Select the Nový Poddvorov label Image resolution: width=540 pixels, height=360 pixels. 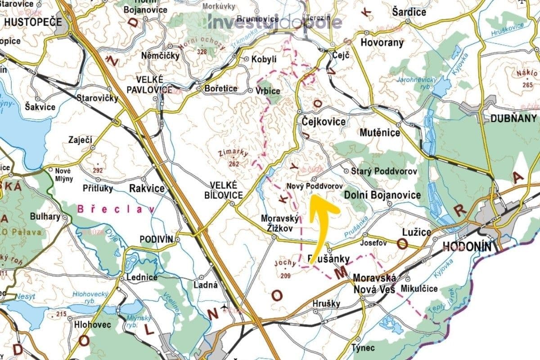315,185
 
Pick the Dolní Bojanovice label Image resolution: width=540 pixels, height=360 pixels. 382,195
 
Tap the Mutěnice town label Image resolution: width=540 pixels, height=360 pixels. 380,132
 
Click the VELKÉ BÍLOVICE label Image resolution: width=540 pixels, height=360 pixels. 226,190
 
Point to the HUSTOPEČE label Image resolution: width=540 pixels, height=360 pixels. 27,21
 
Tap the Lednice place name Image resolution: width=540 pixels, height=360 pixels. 142,277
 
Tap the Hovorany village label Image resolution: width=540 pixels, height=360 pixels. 382,43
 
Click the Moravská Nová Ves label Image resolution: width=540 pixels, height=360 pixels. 374,283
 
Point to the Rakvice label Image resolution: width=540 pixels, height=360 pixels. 147,188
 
